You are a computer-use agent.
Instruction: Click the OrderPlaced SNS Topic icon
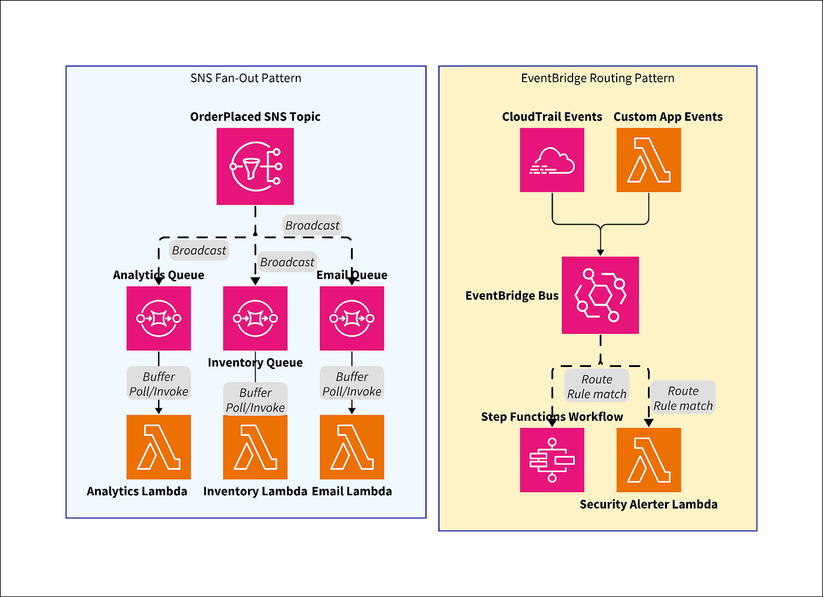[x=255, y=166]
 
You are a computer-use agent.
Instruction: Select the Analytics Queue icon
[x=158, y=318]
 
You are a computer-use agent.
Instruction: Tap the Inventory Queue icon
[x=255, y=318]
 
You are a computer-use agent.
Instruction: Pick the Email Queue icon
[x=352, y=318]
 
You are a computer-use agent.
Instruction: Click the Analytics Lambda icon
[x=158, y=447]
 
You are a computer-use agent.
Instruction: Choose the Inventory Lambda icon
[x=255, y=447]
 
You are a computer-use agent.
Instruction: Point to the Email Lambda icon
[x=352, y=447]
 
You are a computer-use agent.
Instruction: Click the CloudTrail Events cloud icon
[x=552, y=160]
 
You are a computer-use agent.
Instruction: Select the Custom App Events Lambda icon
[x=648, y=160]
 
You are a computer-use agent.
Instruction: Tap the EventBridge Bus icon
[x=600, y=295]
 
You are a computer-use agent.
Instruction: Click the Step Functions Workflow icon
[x=552, y=460]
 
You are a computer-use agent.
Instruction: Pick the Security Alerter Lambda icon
[x=648, y=460]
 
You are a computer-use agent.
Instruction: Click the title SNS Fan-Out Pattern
[x=246, y=78]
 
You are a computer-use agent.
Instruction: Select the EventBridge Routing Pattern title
[x=597, y=78]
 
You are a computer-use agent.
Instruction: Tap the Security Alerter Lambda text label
[x=648, y=504]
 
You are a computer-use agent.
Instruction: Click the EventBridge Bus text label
[x=512, y=295]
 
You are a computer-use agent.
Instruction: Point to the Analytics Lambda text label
[x=136, y=491]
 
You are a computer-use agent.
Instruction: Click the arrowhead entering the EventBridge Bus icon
[x=600, y=252]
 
